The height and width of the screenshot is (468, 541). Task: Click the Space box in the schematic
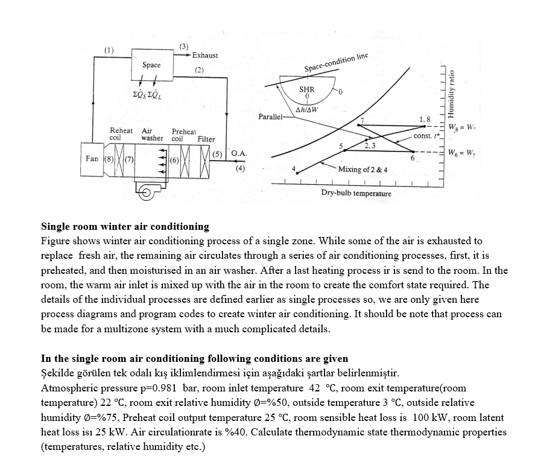(151, 65)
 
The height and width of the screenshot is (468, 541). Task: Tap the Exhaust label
(205, 55)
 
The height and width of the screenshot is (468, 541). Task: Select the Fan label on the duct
(92, 159)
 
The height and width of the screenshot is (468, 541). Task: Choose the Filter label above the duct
(206, 139)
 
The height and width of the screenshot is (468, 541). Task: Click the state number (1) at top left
(109, 49)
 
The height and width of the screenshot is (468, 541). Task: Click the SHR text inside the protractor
(307, 89)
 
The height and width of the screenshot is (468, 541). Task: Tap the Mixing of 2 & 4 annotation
(362, 169)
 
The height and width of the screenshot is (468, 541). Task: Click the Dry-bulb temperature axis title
(356, 194)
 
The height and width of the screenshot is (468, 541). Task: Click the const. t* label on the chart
(426, 136)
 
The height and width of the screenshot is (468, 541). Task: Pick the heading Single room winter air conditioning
(125, 227)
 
